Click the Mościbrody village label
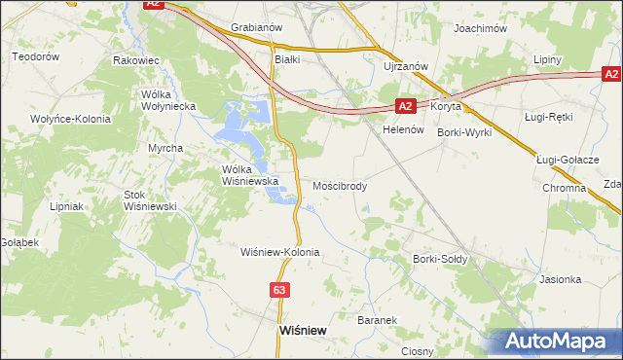[x=340, y=185]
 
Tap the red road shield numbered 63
[x=280, y=290]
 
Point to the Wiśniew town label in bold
[x=302, y=330]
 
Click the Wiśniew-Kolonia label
[x=280, y=251]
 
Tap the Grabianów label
[x=256, y=28]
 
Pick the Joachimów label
[x=481, y=29]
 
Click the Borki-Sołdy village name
[x=440, y=259]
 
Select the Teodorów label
[x=36, y=57]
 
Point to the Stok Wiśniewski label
[x=148, y=200]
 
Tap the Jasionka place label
[x=560, y=279]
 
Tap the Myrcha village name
[x=165, y=147]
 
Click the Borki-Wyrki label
[x=464, y=131]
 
